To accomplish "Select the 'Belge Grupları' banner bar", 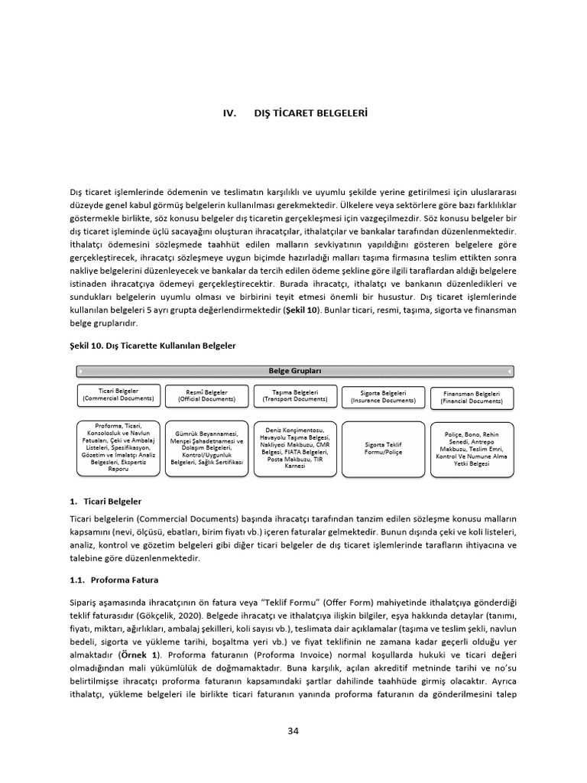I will point(295,371).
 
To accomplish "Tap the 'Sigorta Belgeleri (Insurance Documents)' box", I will point(383,396).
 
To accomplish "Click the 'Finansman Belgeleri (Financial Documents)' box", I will point(472,397).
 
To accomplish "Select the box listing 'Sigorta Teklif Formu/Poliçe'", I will point(383,449).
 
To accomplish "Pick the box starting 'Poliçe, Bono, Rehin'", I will point(472,449).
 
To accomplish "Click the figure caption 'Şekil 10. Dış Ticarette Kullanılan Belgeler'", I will point(153,346).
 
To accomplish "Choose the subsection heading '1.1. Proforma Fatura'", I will point(113,580).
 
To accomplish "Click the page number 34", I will point(293,730).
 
